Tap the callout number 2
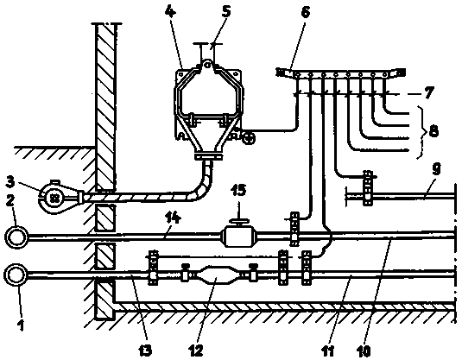[10, 201]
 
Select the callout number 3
[10, 182]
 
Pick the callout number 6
[305, 12]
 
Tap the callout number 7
[428, 92]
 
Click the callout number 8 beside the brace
[434, 129]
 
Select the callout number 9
[437, 169]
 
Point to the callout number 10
[364, 351]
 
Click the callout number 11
[327, 351]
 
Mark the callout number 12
[196, 351]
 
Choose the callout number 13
[145, 351]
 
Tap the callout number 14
[174, 218]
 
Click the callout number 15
[238, 190]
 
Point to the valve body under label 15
[238, 237]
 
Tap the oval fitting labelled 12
[216, 275]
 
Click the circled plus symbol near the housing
[249, 137]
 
